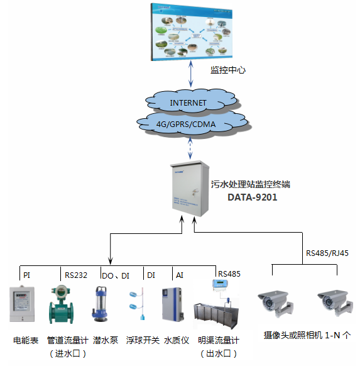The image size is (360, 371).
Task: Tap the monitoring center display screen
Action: pos(191,31)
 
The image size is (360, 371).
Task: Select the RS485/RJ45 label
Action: pos(326,254)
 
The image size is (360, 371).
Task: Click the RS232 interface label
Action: pos(76,275)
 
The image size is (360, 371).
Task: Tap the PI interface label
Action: pos(26,275)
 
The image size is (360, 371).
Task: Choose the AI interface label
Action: pos(180,275)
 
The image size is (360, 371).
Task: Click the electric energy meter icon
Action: pos(23,306)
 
